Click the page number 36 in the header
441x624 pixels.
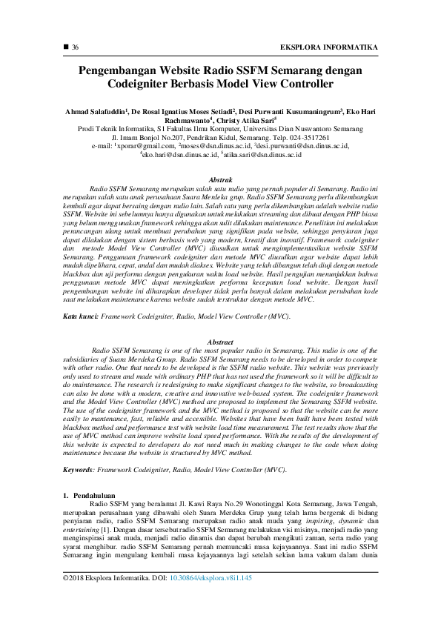(x=75, y=47)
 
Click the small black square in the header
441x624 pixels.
(x=64, y=47)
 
